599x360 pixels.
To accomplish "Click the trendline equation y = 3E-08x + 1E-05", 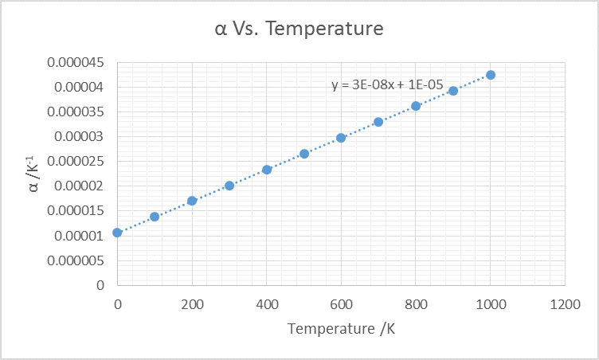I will [x=387, y=84].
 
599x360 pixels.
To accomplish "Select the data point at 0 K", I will [x=117, y=233].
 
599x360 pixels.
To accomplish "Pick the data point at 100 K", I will [x=155, y=217].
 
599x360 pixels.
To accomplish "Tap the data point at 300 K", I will [x=229, y=186].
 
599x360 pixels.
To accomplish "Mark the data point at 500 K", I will [x=304, y=154].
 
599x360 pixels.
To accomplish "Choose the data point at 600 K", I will [x=341, y=138].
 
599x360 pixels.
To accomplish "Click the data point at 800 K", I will [x=416, y=106].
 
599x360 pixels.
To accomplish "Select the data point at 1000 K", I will [x=491, y=75].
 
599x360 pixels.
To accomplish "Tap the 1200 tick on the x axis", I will [x=565, y=303].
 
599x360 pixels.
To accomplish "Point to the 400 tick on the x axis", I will [x=267, y=303].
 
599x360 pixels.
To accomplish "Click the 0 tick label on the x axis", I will [x=118, y=303].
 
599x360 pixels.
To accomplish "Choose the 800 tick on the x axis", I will [x=416, y=303].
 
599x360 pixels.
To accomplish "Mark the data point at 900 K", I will [x=453, y=91].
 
